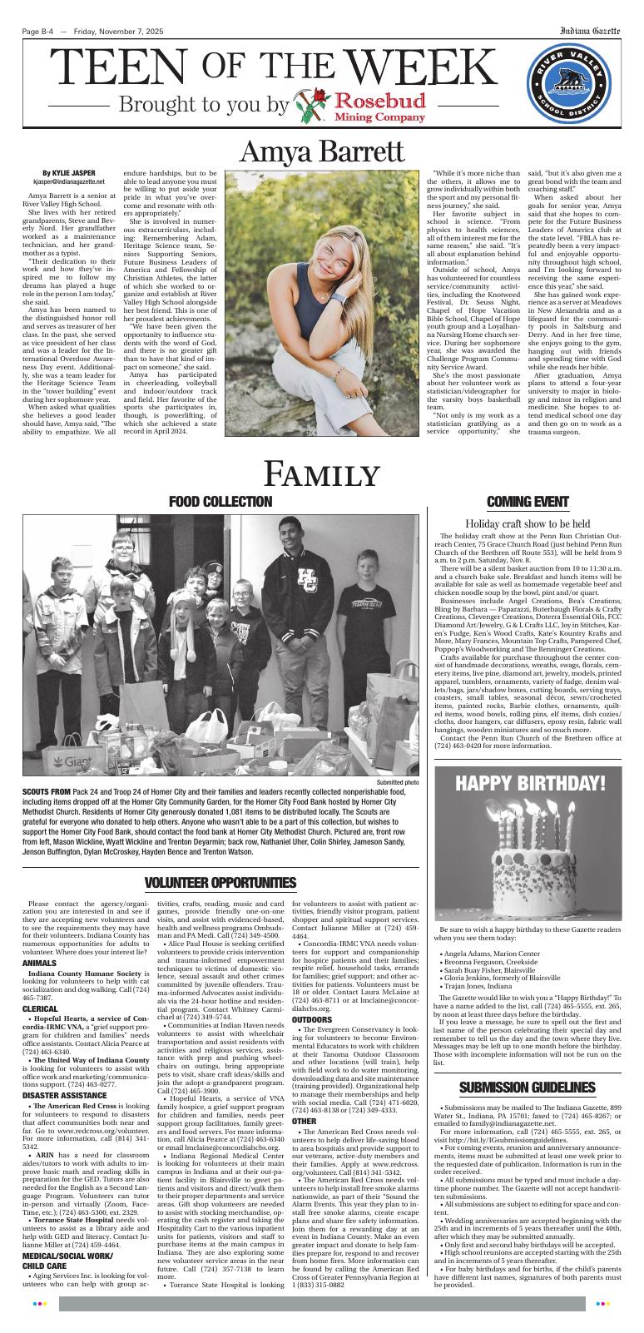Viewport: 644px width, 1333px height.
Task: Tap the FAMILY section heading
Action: pos(321,473)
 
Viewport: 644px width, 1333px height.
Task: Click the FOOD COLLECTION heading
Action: pos(220,502)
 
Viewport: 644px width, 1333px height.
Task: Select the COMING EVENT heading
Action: pos(527,502)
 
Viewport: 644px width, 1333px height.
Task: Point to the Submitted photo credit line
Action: pos(398,782)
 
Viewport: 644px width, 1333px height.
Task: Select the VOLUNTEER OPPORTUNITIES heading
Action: pos(220,882)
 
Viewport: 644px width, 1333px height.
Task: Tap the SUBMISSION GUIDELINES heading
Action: pos(528,1088)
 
